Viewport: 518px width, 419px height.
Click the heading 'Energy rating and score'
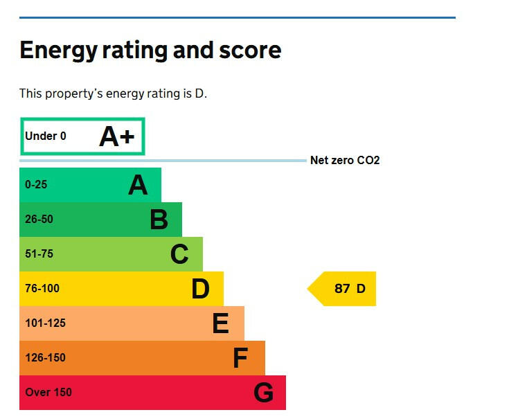tap(150, 51)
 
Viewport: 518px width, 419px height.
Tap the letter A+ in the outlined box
tap(116, 136)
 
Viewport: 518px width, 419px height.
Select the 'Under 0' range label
tap(46, 136)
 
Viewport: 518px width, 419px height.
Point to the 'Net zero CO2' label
tap(345, 161)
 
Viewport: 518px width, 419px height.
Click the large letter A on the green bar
tap(138, 185)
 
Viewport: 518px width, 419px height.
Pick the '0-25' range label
tap(36, 185)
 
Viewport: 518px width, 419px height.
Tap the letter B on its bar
tap(159, 220)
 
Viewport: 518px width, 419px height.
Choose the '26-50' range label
tap(39, 220)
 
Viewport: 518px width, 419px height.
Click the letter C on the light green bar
tap(179, 254)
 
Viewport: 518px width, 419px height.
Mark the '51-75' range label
tap(39, 254)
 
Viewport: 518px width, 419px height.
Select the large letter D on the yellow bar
tap(200, 289)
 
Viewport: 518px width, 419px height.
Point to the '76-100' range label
tap(42, 289)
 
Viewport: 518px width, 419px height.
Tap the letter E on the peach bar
tap(220, 323)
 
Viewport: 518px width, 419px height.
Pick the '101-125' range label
tap(45, 323)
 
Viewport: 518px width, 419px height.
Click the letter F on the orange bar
tap(240, 358)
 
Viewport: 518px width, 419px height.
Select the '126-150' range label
tap(45, 358)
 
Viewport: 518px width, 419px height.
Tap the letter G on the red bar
tap(263, 393)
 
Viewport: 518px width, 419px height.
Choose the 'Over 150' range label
tap(48, 393)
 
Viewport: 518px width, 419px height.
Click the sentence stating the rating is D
tap(113, 93)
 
